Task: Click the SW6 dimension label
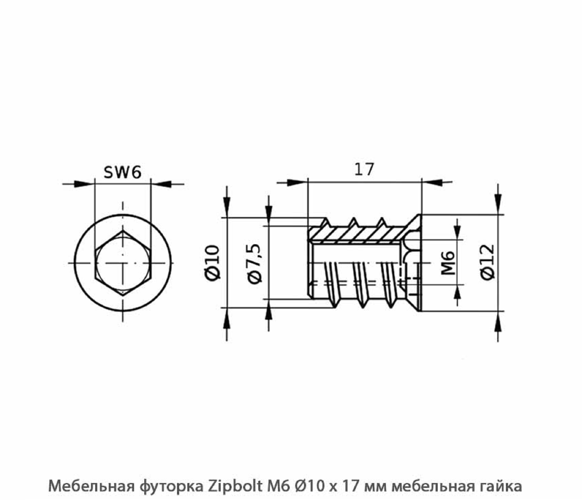pyautogui.click(x=122, y=172)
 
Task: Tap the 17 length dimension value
pyautogui.click(x=364, y=169)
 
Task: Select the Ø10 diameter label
pyautogui.click(x=212, y=262)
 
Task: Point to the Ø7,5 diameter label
pyautogui.click(x=255, y=263)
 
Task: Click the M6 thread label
pyautogui.click(x=448, y=263)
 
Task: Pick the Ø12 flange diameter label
pyautogui.click(x=488, y=262)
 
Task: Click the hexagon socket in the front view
pyautogui.click(x=122, y=263)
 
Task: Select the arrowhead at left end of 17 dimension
pyautogui.click(x=296, y=182)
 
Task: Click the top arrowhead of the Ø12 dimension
pyautogui.click(x=498, y=202)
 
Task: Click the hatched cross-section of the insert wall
pyautogui.click(x=358, y=233)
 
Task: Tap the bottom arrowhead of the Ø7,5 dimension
pyautogui.click(x=268, y=312)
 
